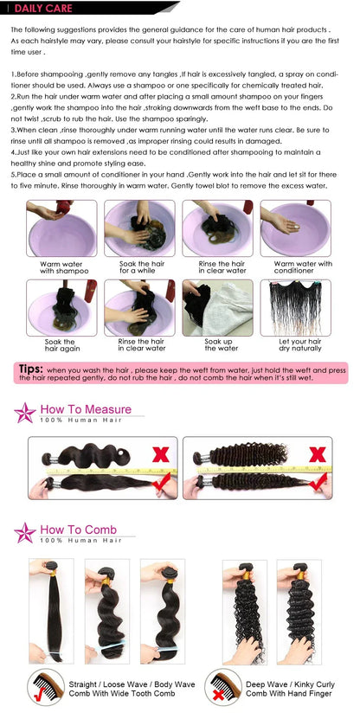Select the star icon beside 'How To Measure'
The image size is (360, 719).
24,413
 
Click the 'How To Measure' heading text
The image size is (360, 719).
86,409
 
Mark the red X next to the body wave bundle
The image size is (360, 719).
160,453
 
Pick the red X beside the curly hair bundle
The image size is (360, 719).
318,453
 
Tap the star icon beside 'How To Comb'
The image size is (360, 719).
24,533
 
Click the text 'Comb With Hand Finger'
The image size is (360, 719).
294,694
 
